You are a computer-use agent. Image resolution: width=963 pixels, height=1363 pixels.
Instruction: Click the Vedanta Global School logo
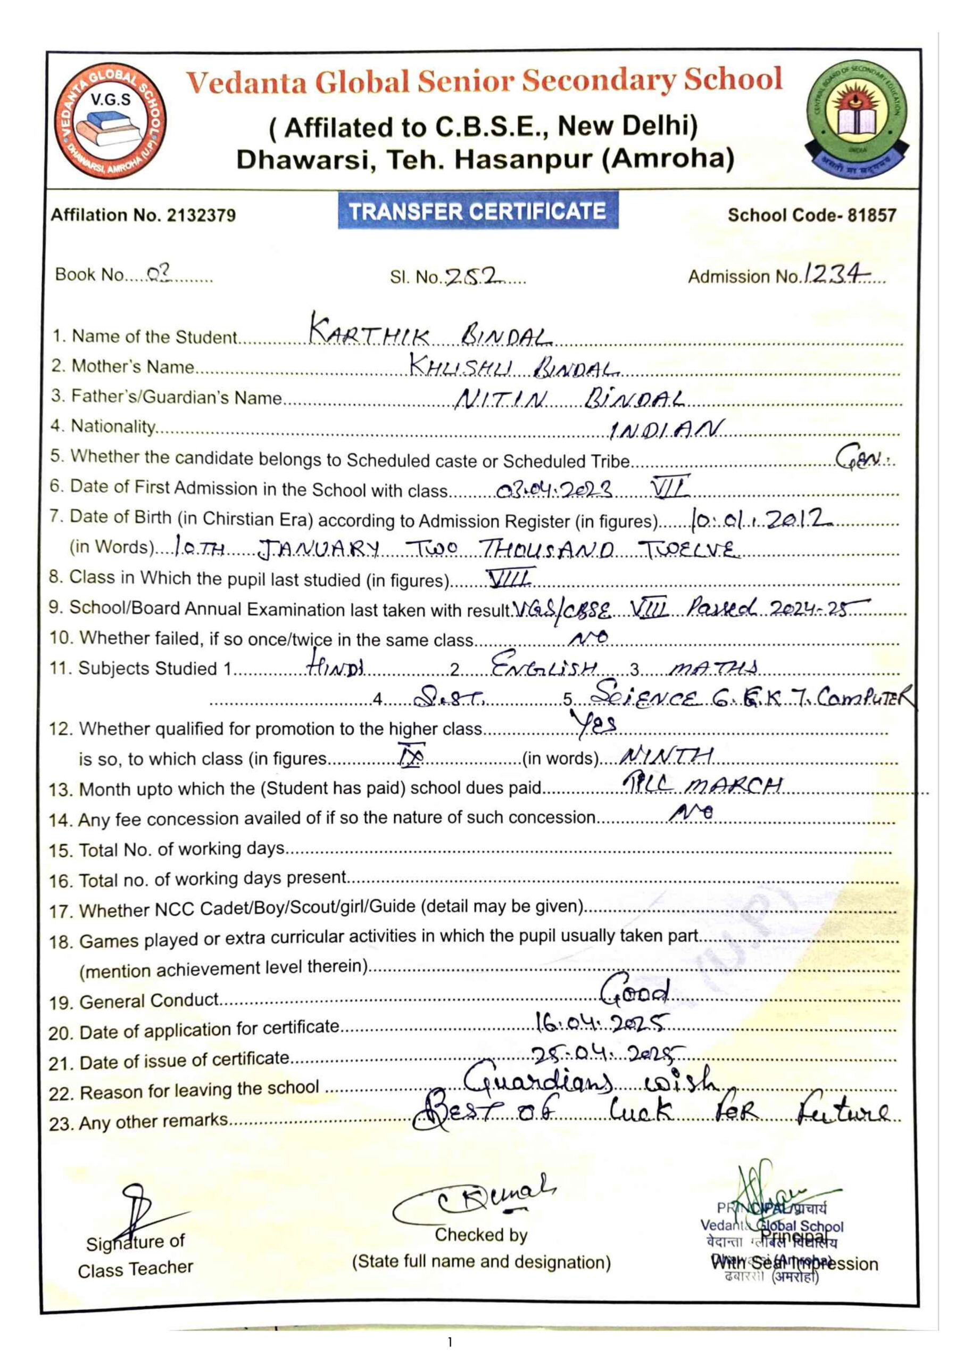[110, 121]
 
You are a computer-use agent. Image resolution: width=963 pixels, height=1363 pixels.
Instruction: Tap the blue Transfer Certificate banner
[478, 211]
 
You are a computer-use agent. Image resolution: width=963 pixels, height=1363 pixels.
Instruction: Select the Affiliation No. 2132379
[143, 215]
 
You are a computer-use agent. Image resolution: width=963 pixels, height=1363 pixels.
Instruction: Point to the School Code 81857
[812, 215]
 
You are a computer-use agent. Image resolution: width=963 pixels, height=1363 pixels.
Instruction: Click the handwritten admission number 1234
[836, 274]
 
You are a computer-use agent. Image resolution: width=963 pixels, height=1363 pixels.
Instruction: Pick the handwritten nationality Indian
[666, 429]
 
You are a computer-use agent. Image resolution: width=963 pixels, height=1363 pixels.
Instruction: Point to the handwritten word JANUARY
[319, 549]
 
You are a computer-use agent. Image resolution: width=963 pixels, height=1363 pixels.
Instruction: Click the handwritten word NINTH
[666, 756]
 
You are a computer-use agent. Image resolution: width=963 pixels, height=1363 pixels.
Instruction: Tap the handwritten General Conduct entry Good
[635, 990]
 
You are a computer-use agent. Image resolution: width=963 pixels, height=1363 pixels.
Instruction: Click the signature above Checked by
[475, 1196]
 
